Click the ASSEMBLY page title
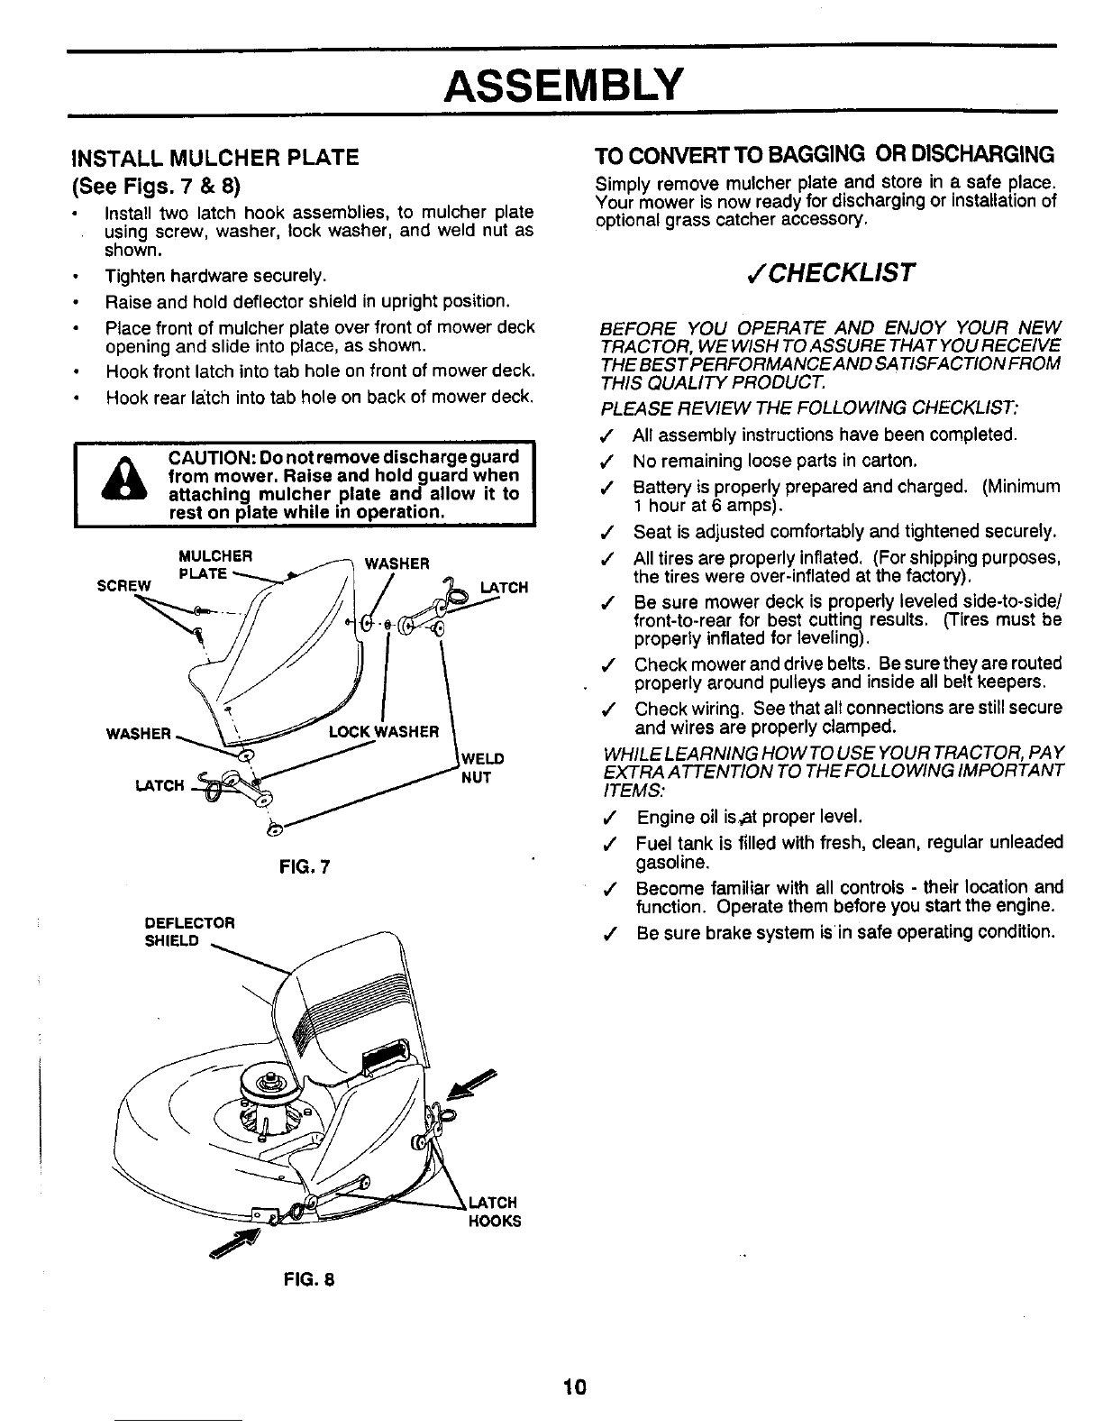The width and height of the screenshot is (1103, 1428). coord(563,86)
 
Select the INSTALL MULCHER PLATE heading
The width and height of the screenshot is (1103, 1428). coord(215,158)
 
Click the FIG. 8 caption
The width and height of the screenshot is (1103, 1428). coord(309,1279)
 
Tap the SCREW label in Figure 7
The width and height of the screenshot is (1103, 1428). coord(123,585)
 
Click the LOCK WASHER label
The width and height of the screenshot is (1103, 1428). coord(384,731)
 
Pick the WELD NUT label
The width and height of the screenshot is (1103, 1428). coord(482,768)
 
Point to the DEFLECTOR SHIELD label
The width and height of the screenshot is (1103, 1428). coord(190,932)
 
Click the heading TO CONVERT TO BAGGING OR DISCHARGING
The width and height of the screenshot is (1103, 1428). coord(825,155)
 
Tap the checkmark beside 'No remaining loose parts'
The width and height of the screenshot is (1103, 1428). coord(606,462)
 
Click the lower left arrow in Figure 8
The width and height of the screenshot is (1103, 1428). coord(234,1244)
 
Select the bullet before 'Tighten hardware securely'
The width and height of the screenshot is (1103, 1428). coord(77,277)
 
